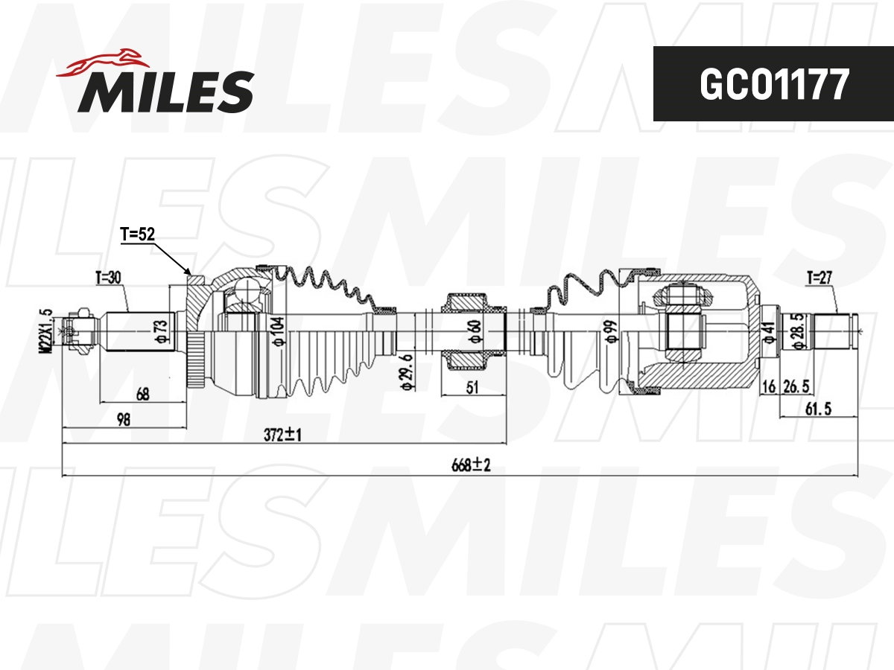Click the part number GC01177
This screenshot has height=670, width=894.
(774, 84)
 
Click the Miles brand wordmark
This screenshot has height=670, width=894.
(166, 92)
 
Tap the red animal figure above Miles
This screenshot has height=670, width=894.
(103, 63)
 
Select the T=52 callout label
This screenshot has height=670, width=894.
(138, 234)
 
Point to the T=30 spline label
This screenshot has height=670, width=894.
(108, 278)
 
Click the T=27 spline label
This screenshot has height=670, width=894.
(819, 278)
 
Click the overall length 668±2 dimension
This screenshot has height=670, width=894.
(471, 465)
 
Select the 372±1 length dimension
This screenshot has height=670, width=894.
(282, 435)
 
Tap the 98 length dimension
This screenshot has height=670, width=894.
(124, 419)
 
